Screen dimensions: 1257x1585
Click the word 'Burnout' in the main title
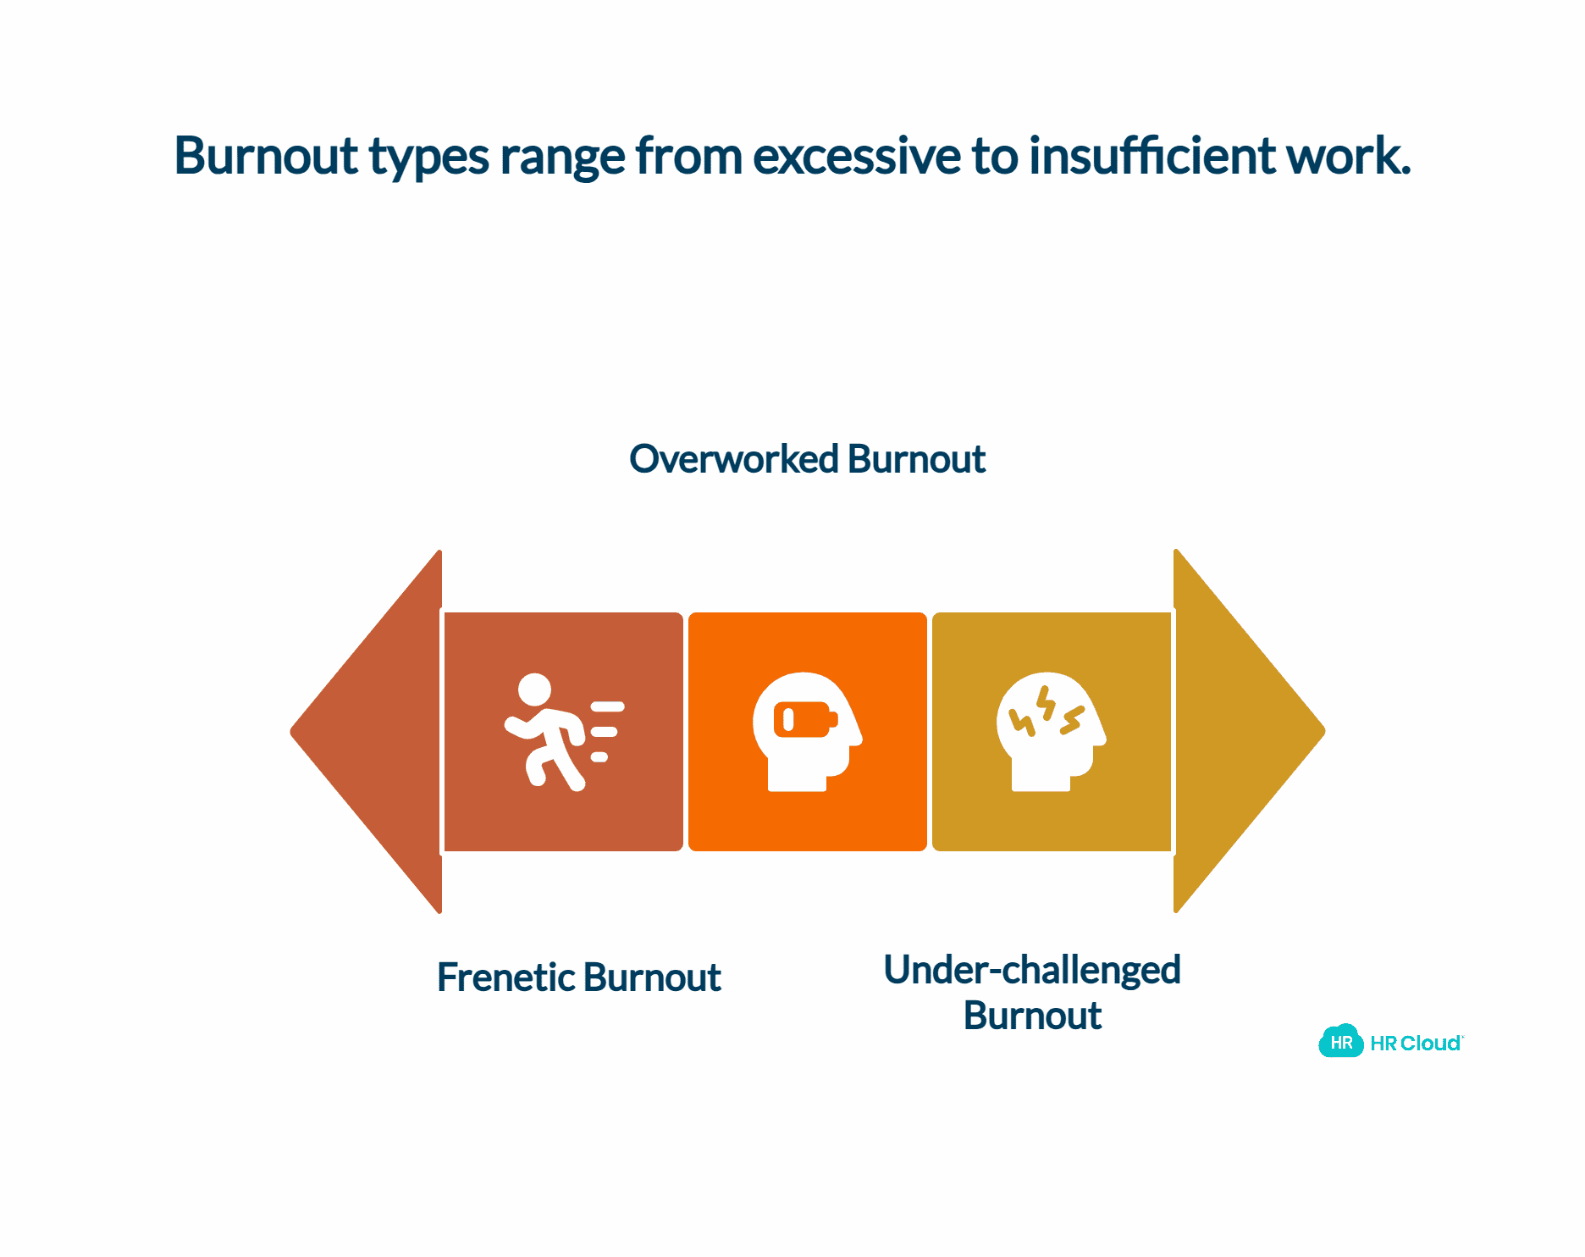(265, 156)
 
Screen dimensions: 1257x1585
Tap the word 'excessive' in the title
(856, 156)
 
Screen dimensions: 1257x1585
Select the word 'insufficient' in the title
(1151, 156)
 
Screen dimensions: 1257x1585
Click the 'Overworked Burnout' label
(807, 459)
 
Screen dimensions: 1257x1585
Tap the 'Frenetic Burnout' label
(578, 977)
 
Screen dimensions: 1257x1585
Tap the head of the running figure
(534, 689)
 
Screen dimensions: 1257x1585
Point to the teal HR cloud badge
(1341, 1042)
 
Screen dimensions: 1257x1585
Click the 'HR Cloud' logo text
(1416, 1044)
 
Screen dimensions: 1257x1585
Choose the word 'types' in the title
(429, 158)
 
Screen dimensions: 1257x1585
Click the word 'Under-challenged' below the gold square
(1032, 970)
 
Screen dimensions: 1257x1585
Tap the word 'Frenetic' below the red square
(505, 977)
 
